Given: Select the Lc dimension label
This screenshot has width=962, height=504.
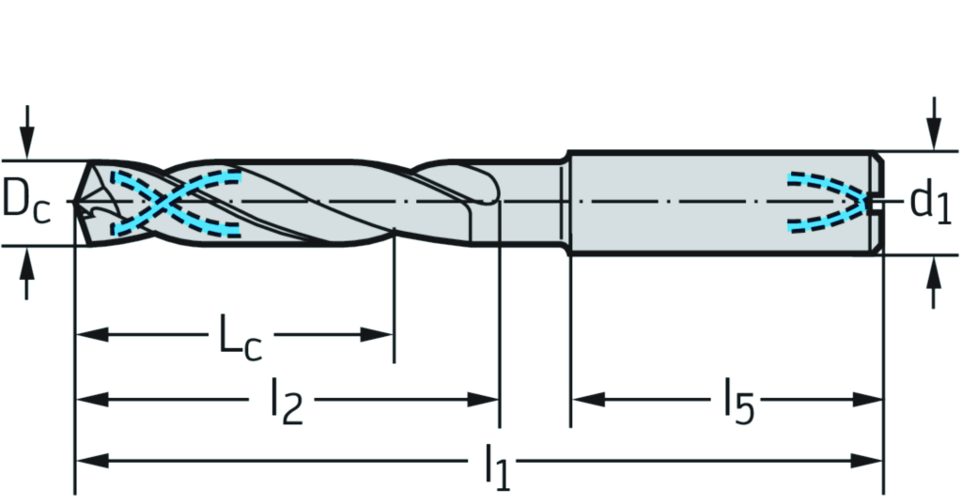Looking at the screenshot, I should point(239,338).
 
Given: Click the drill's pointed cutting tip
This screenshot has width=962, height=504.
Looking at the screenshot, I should point(77,201).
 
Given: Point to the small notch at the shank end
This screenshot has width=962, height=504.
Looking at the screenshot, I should point(877,201).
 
